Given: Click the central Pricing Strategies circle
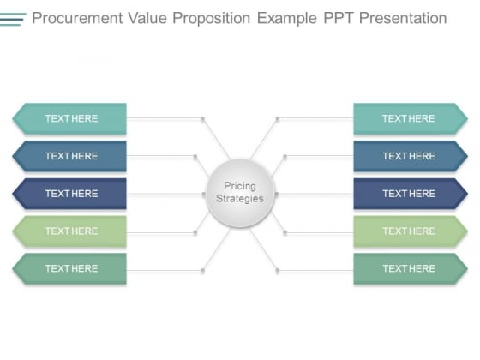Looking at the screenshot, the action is click(240, 193).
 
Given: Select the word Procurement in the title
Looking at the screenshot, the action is click(77, 18).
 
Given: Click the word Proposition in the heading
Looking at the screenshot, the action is click(212, 19).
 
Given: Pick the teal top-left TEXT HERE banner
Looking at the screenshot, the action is click(69, 118).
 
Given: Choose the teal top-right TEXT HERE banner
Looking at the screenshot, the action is click(411, 118).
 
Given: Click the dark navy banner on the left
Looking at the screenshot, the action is click(69, 194).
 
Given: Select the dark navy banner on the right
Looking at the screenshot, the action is click(411, 194).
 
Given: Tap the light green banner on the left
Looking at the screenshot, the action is click(69, 231).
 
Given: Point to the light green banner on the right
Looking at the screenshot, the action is click(411, 231).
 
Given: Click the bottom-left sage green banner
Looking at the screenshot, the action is click(69, 268).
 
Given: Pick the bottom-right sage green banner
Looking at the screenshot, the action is click(411, 268).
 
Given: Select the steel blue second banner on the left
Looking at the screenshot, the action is click(69, 156).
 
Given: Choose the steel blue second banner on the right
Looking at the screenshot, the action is click(411, 156).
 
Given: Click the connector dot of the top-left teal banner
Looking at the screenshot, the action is click(202, 118).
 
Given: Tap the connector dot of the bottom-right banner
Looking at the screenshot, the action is click(278, 271).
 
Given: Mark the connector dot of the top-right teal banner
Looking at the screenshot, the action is click(278, 118).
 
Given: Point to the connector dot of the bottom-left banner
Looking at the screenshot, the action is click(202, 271).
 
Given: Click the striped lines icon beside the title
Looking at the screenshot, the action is click(13, 19).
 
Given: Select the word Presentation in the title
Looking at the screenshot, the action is click(403, 18).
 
